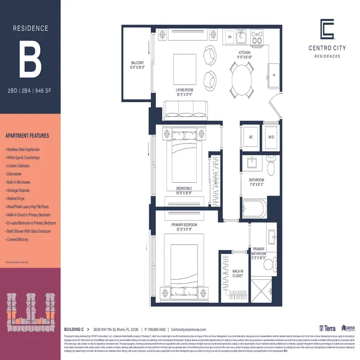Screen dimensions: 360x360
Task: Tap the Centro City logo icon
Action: coord(327,29)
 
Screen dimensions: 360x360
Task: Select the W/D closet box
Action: coord(271,136)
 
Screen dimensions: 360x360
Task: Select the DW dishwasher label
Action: coord(229,37)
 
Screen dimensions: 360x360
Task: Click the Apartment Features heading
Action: coord(27,135)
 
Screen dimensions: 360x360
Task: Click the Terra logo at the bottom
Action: coord(327,329)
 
